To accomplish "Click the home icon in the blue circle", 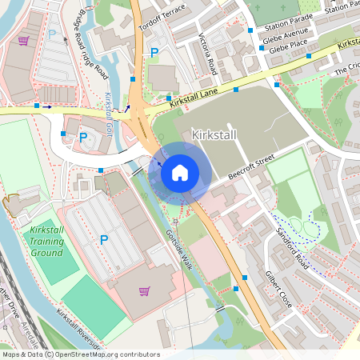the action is pyautogui.click(x=180, y=172).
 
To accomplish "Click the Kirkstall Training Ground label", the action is pyautogui.click(x=46, y=242).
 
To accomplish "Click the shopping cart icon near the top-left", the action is pyautogui.click(x=24, y=41).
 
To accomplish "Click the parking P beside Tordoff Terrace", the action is pyautogui.click(x=154, y=52).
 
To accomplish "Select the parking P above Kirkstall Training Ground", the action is pyautogui.click(x=103, y=238).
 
